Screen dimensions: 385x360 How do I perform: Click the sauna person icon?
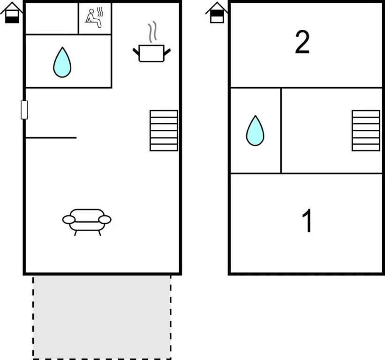(x=94, y=18)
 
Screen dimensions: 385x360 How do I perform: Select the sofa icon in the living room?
(x=87, y=222)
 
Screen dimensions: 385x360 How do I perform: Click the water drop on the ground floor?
(x=62, y=62)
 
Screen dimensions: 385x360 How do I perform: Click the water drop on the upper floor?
(x=255, y=131)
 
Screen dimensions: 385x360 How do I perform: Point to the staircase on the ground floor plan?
(x=164, y=131)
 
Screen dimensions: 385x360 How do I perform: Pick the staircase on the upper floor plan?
(x=366, y=131)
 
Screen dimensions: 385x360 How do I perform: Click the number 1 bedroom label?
(x=307, y=221)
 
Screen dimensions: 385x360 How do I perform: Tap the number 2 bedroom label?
(x=302, y=42)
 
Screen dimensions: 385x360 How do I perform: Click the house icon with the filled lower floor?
(x=12, y=13)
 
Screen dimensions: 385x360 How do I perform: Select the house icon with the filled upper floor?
(x=217, y=13)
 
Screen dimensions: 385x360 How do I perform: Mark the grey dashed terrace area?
(x=102, y=317)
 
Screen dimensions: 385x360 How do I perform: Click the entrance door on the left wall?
(x=24, y=110)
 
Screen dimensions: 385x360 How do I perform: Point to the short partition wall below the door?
(x=51, y=138)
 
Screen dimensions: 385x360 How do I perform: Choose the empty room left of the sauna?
(x=52, y=18)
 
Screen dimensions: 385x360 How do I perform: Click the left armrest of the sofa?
(x=69, y=220)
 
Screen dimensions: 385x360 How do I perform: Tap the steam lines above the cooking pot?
(x=152, y=32)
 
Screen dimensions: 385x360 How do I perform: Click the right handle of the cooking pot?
(x=167, y=52)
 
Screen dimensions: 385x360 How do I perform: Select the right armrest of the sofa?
(x=105, y=220)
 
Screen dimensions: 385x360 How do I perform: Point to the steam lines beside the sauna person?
(x=100, y=12)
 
